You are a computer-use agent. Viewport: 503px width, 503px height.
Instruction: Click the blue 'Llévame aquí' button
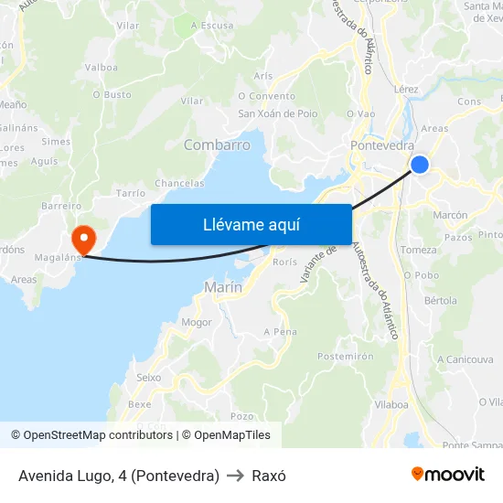[x=251, y=224]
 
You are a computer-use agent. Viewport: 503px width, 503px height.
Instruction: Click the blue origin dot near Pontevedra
[x=419, y=164]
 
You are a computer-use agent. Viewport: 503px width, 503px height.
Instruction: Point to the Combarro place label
[x=217, y=145]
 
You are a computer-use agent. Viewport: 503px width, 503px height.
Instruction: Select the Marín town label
[x=223, y=287]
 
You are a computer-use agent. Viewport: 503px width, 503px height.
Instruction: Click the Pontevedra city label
[x=382, y=145]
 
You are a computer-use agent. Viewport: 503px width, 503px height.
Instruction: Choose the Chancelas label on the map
[x=179, y=183]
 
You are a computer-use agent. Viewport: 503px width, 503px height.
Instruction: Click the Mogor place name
[x=196, y=322]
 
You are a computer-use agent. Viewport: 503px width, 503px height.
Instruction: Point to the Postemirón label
[x=346, y=356]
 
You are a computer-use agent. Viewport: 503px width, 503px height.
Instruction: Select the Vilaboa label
[x=391, y=403]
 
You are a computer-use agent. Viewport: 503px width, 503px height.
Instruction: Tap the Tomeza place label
[x=419, y=250]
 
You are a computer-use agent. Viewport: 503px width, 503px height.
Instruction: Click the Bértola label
[x=441, y=300]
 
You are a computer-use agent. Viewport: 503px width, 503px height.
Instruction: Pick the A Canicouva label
[x=465, y=359]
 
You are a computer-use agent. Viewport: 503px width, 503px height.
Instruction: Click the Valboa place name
[x=101, y=68]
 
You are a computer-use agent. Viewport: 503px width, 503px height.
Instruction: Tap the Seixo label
[x=148, y=377]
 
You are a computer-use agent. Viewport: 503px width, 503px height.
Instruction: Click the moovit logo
[x=448, y=475]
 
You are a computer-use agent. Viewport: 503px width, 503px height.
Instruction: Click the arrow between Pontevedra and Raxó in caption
[x=235, y=476]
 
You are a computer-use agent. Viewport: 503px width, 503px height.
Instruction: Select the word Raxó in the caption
[x=269, y=476]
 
